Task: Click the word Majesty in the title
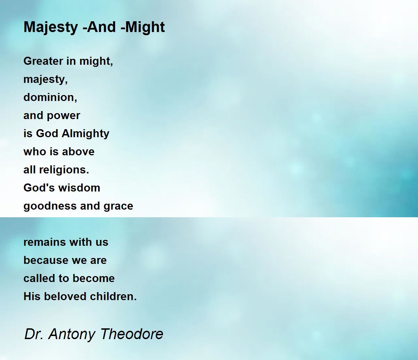tap(51, 28)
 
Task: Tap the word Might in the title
tap(145, 27)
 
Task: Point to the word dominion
tap(50, 97)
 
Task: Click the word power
tap(63, 116)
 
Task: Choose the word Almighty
tap(85, 134)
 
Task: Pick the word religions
tap(64, 170)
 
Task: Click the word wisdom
tap(79, 188)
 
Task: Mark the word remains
tap(46, 242)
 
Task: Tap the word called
tap(39, 278)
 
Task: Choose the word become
tap(94, 278)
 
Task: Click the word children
tap(113, 296)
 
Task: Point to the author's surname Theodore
tap(132, 334)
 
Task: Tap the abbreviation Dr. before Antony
tap(34, 334)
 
